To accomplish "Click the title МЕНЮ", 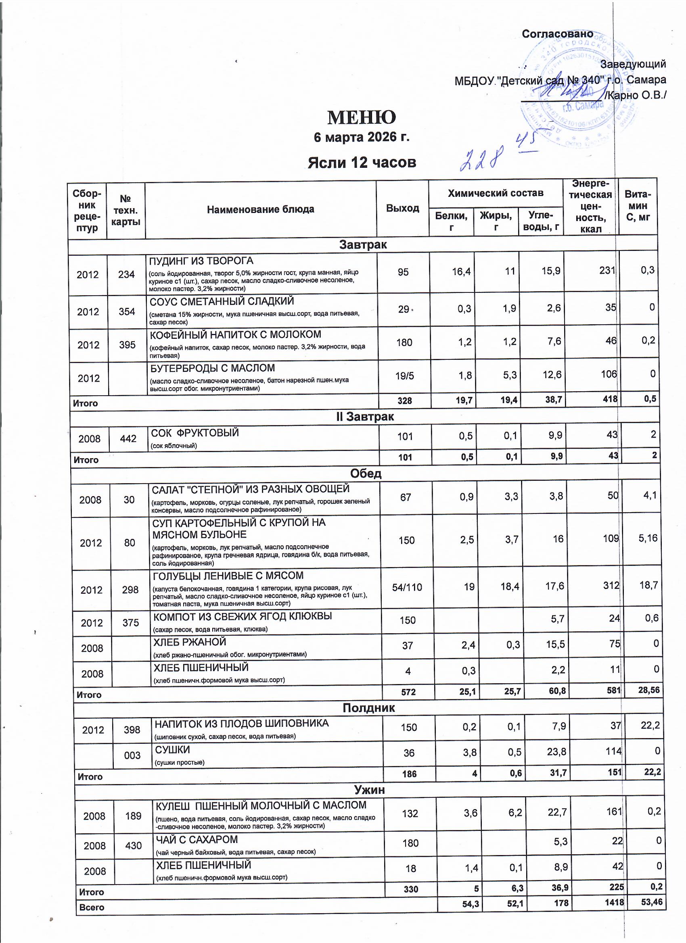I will click(361, 118).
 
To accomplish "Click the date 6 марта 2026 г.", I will click(361, 137).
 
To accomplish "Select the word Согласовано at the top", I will click(557, 34).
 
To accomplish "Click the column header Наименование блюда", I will click(260, 209).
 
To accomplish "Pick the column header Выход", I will click(402, 208).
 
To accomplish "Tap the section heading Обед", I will click(365, 474).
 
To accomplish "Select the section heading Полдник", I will click(368, 707).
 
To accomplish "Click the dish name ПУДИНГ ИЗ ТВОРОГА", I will click(201, 261).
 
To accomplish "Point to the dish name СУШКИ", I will click(172, 749).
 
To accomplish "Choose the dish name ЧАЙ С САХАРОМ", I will click(197, 839).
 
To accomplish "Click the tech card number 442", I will click(128, 438).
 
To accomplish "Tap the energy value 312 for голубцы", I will click(611, 585).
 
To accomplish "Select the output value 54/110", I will click(407, 587).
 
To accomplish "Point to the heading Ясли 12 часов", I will click(362, 162).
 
